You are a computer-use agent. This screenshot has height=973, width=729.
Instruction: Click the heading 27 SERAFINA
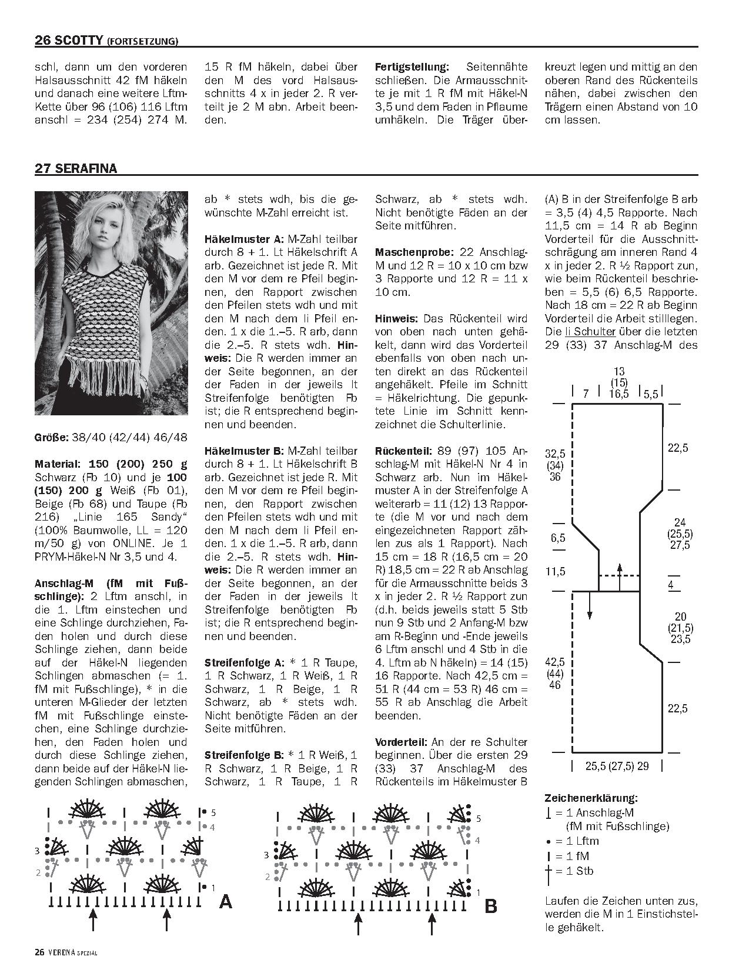tap(76, 168)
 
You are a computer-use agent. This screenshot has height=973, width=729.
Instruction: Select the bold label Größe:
tap(51, 438)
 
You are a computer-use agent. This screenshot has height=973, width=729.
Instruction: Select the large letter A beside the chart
tap(225, 901)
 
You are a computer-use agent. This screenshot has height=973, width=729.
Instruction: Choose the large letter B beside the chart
tap(490, 907)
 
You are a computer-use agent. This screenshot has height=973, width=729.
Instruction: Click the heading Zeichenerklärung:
tap(590, 798)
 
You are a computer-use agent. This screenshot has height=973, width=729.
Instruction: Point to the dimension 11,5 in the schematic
tap(555, 571)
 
